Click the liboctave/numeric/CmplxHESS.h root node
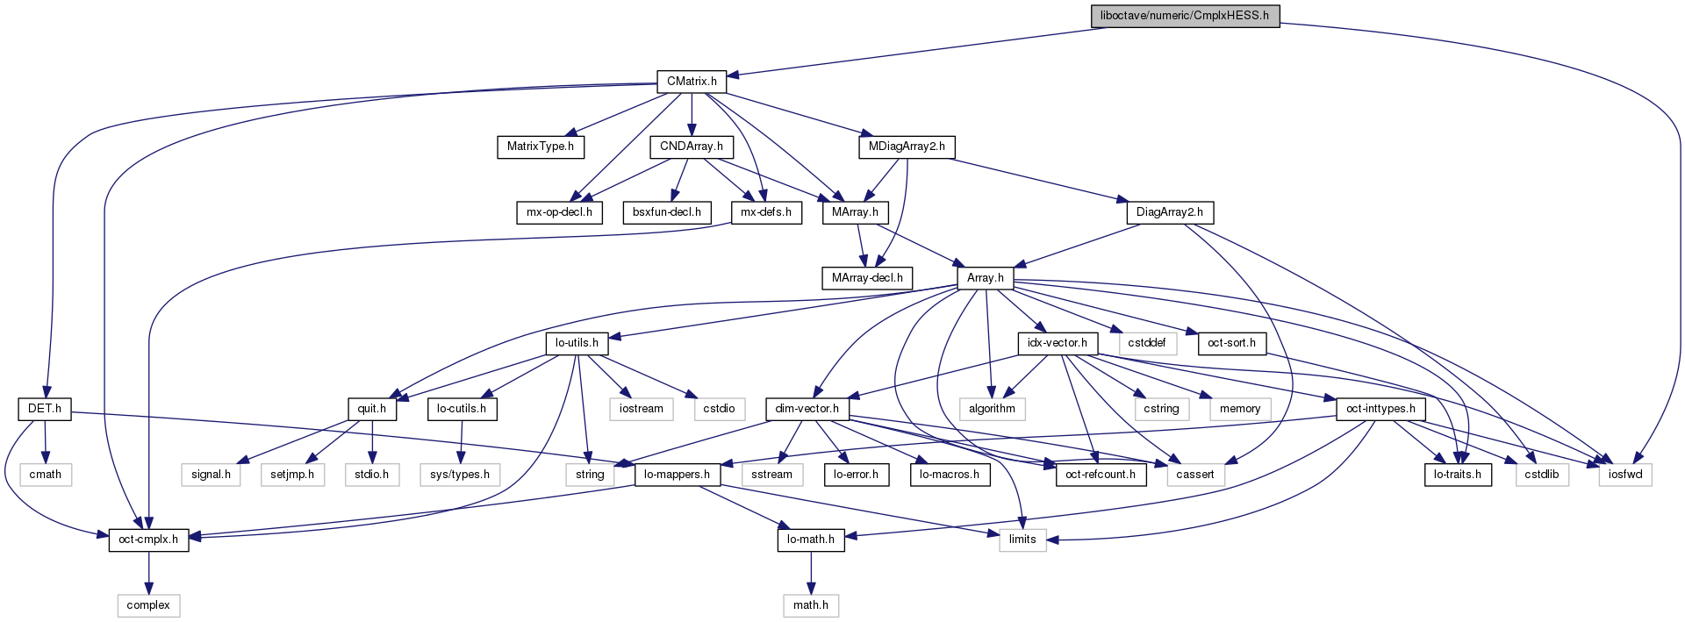pos(1184,16)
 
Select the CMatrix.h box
pos(692,82)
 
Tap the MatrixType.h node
pos(540,147)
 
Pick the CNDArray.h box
pos(692,147)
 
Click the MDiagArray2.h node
pos(907,147)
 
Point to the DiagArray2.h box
pos(1169,212)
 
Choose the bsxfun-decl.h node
pos(666,212)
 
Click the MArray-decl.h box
pos(867,278)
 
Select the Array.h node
pos(986,278)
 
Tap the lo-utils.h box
pos(577,343)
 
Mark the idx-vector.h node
pos(1057,343)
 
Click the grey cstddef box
pos(1146,343)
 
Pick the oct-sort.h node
pos(1231,343)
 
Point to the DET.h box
pos(45,409)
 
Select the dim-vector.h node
pos(807,409)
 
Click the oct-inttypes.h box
pos(1380,409)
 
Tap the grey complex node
pos(148,605)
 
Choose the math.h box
pos(811,605)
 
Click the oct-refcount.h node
pos(1100,475)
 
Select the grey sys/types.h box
pos(460,475)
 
